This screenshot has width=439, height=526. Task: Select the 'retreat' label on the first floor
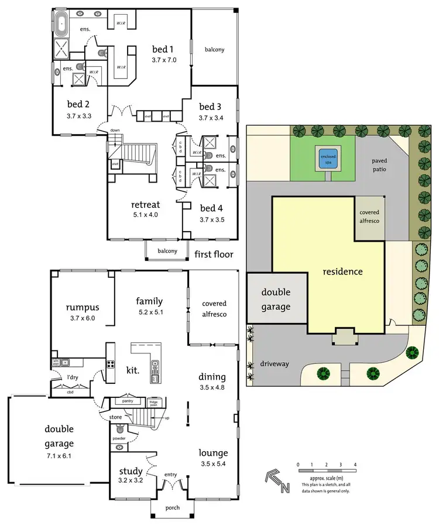[x=145, y=205]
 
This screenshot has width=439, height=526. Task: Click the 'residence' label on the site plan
[x=343, y=271]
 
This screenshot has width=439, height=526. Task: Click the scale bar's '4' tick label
[x=355, y=464]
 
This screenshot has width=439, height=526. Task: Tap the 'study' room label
[x=131, y=471]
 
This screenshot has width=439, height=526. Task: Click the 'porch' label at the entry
[x=172, y=507]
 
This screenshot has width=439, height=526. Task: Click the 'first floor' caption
[x=215, y=255]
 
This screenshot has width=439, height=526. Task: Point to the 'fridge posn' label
[x=155, y=403]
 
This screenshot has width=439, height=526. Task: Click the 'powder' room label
[x=119, y=438]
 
